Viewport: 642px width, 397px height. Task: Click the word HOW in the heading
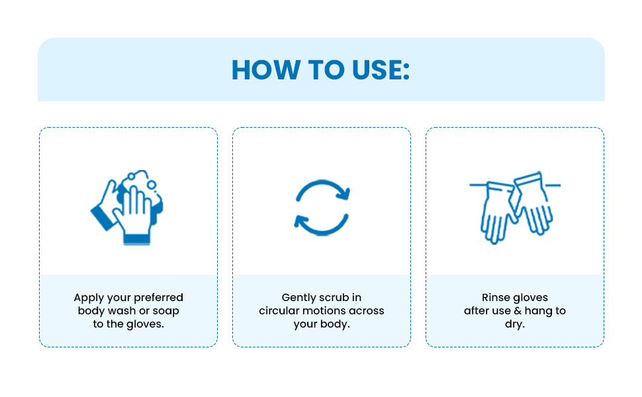(265, 69)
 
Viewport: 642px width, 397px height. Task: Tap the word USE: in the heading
(381, 69)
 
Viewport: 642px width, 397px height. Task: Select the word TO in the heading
(326, 69)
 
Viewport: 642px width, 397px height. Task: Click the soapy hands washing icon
(127, 208)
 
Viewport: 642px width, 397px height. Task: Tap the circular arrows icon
(322, 208)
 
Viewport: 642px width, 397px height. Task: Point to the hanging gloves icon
(515, 208)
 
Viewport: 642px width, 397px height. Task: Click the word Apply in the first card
(87, 298)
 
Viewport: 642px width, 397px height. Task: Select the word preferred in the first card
(158, 298)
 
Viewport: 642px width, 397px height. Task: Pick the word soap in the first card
(166, 311)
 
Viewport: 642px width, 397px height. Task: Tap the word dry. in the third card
(515, 325)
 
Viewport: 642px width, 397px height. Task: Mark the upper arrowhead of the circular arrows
(344, 193)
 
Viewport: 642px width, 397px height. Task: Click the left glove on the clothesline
(496, 213)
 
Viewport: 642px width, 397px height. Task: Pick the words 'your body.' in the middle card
(322, 324)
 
